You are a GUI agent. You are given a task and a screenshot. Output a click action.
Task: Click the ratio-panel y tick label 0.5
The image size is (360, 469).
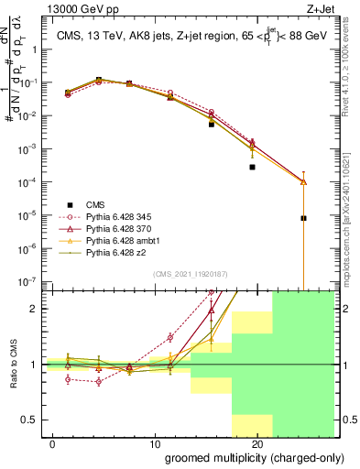point(30,420)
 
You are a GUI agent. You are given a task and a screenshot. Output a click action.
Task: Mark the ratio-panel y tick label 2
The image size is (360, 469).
point(34,309)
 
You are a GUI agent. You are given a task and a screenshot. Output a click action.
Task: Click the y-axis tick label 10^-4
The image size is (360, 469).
point(27,181)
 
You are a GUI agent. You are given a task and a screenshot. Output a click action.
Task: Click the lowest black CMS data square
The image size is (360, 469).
point(303,218)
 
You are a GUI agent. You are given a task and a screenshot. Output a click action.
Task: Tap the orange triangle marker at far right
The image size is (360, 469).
point(303,181)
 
